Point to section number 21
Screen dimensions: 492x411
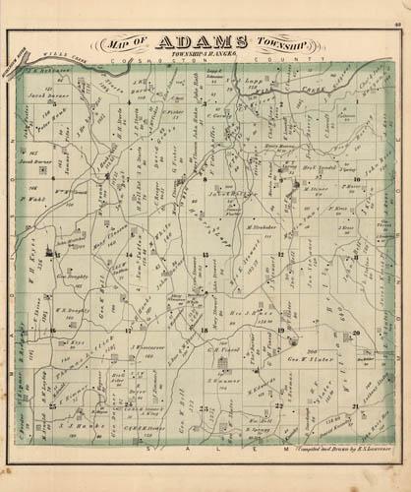click(x=352, y=404)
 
